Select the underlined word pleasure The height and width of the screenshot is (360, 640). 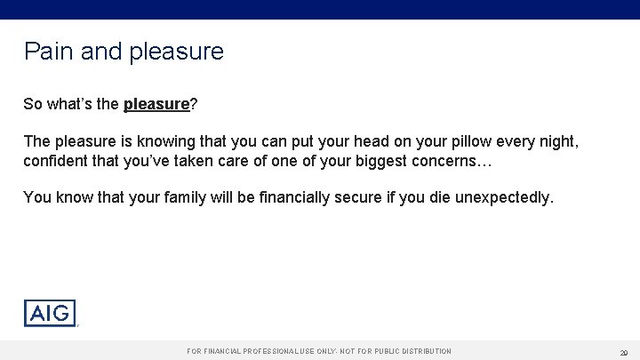(156, 104)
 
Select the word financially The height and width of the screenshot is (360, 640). (268, 196)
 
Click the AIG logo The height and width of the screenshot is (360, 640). (50, 313)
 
